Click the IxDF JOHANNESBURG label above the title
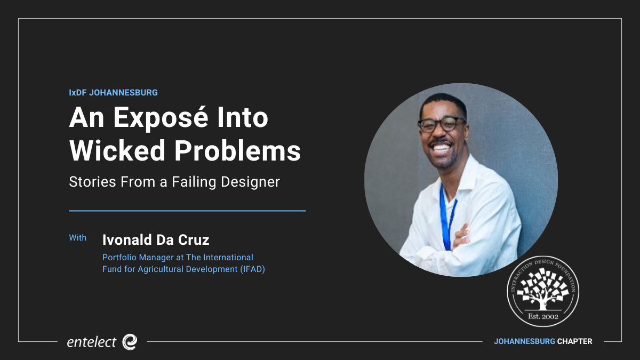113,93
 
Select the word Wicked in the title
117,150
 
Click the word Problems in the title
237,150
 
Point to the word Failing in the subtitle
194,182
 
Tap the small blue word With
78,238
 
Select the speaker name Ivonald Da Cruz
156,239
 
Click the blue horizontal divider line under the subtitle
187,211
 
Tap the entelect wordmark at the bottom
91,342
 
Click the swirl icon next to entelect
130,342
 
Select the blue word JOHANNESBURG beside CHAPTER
524,341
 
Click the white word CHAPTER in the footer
574,341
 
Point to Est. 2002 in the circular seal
543,316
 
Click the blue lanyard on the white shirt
447,218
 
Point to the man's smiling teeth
441,148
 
